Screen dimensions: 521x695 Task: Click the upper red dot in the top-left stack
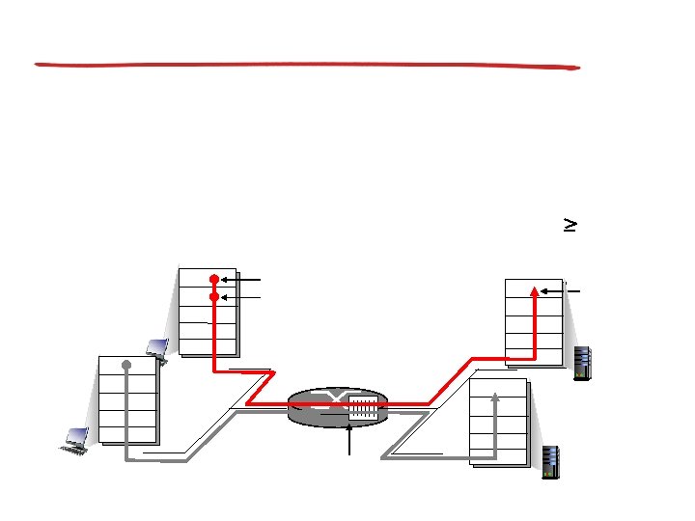[x=214, y=280]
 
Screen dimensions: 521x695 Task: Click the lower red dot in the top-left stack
[x=214, y=297]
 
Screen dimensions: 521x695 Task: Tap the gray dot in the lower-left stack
[x=126, y=365]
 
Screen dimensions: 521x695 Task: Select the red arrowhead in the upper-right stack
[x=534, y=288]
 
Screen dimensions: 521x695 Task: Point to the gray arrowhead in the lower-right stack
[x=494, y=395]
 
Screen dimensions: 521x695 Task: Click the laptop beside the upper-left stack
[x=157, y=348]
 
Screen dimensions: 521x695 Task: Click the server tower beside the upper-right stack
[x=581, y=363]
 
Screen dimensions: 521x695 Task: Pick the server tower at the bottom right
[x=551, y=461]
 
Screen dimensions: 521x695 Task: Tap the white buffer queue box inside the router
[x=363, y=407]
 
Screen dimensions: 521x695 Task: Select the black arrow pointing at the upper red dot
[x=241, y=280]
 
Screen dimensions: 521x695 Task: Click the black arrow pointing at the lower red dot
[x=241, y=297]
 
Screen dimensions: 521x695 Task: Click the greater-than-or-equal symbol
[x=570, y=224]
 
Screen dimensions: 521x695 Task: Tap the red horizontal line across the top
[x=307, y=66]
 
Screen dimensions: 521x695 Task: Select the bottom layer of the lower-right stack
[x=499, y=454]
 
